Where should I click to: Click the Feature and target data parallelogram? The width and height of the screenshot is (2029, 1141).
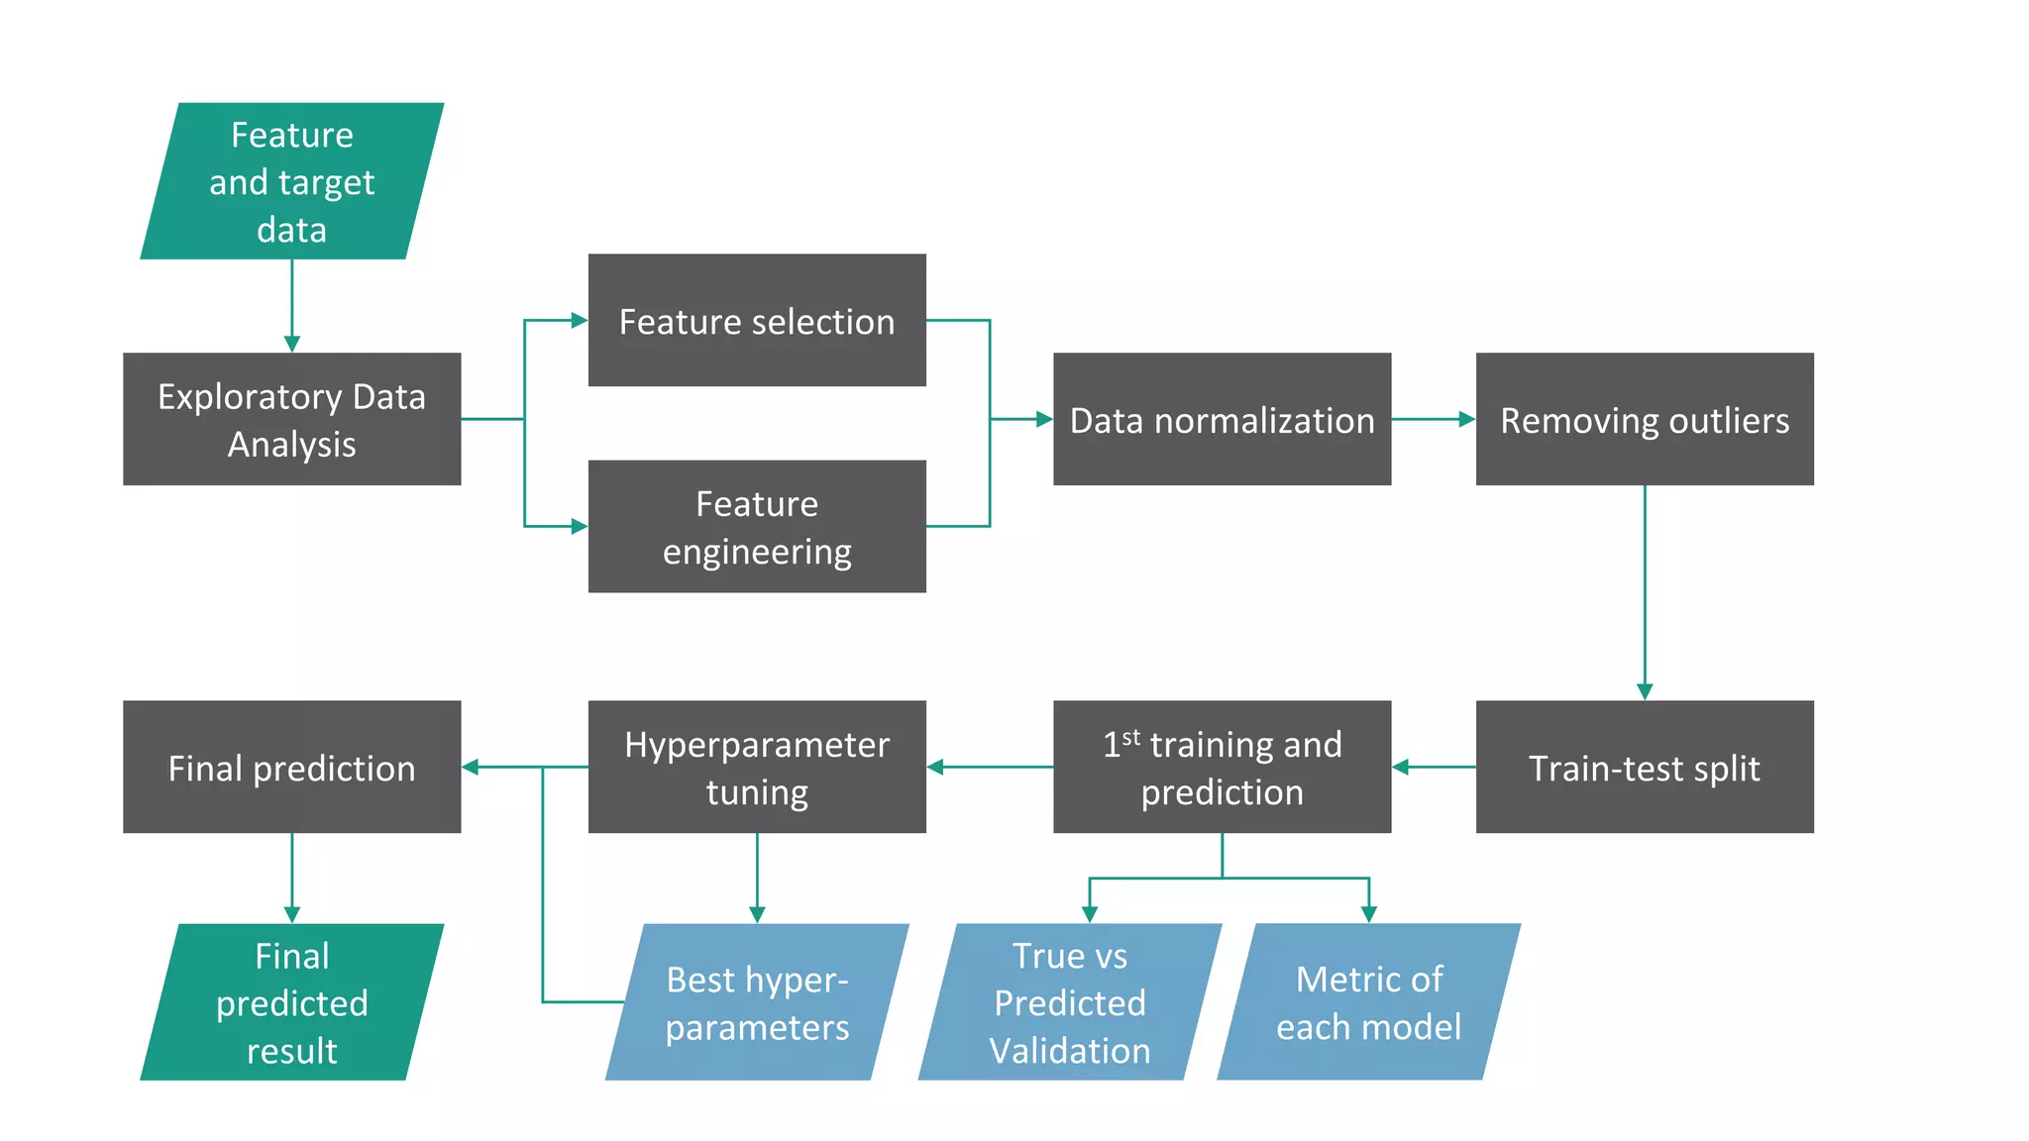pos(291,181)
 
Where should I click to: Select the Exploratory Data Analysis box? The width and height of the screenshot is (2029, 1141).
pos(291,419)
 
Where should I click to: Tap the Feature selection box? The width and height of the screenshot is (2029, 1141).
pos(757,320)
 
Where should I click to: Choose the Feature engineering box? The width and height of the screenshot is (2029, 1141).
pos(757,526)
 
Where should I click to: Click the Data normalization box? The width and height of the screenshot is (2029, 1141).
pos(1222,419)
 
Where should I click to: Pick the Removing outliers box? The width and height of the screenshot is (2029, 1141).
pos(1645,419)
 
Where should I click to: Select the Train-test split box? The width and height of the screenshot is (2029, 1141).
pos(1645,767)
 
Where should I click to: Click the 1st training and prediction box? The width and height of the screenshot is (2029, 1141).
pos(1222,767)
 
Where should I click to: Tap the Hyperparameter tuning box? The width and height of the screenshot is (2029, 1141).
pos(757,767)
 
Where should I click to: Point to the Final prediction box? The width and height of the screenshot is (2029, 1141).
pos(291,767)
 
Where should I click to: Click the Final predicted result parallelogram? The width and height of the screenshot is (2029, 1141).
pos(291,1001)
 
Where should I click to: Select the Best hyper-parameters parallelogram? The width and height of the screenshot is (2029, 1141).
pos(757,1001)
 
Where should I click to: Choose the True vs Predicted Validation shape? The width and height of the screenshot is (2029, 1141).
pos(1070,1001)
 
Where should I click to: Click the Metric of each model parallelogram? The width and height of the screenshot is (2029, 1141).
pos(1368,1001)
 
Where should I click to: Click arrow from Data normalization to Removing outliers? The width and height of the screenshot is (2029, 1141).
pos(1433,419)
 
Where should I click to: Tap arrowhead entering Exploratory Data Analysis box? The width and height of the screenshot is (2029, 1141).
pos(291,344)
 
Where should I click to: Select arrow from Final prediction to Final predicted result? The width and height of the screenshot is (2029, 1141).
pos(291,877)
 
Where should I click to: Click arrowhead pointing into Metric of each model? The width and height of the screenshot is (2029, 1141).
pos(1368,914)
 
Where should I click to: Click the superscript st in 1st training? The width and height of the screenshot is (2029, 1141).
pos(1130,737)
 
